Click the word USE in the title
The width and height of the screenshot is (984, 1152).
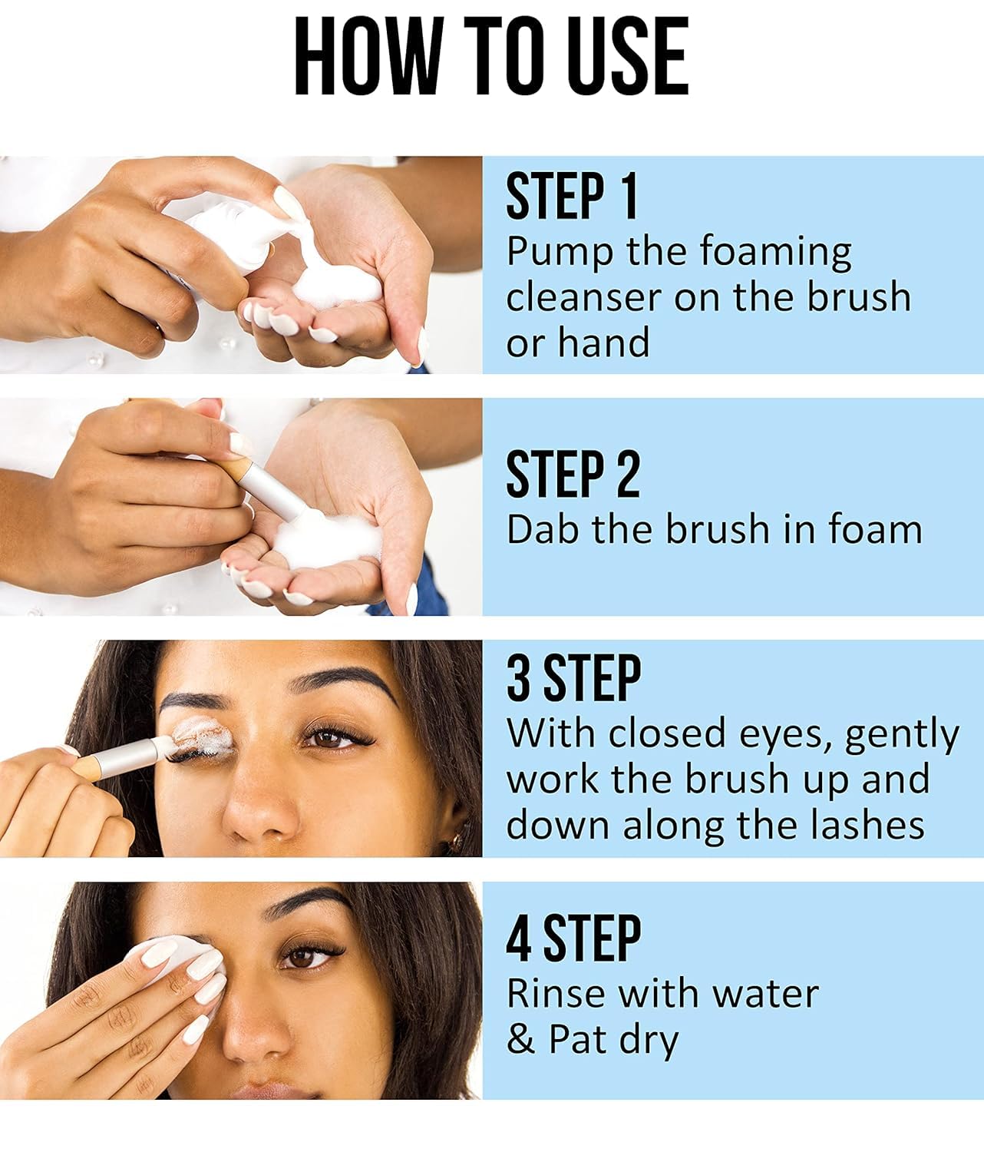tap(622, 58)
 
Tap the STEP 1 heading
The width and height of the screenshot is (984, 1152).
tap(572, 197)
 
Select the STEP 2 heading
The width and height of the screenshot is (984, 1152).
tap(573, 475)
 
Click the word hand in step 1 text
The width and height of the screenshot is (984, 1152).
tap(604, 343)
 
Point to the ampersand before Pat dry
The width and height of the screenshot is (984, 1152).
tap(520, 1040)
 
